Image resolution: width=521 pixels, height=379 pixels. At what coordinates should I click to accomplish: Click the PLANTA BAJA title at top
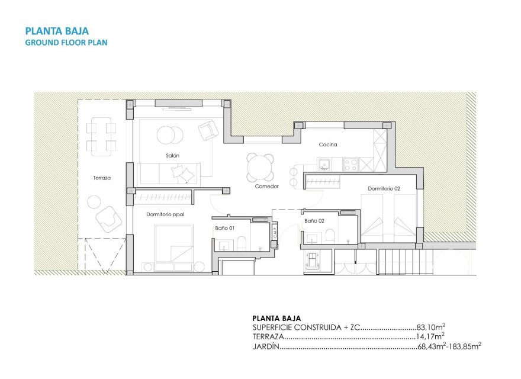point(57,31)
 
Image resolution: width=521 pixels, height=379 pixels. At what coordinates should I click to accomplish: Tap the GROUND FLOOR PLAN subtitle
point(66,43)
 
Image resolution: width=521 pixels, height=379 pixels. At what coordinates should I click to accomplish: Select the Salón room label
point(172,155)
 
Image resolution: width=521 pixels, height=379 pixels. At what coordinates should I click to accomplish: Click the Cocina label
point(328,144)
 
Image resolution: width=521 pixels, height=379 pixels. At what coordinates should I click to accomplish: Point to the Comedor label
point(266,186)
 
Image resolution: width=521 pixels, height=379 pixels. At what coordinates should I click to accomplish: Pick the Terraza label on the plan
point(102,177)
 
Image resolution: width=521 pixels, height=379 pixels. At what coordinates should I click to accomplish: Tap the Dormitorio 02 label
point(384,188)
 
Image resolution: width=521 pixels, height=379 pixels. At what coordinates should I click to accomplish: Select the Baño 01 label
point(224,227)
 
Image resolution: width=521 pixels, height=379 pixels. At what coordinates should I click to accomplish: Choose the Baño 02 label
point(314,220)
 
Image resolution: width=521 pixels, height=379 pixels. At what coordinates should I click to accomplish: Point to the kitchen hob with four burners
point(350,163)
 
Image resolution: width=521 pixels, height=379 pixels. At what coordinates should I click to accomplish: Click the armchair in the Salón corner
point(207,130)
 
